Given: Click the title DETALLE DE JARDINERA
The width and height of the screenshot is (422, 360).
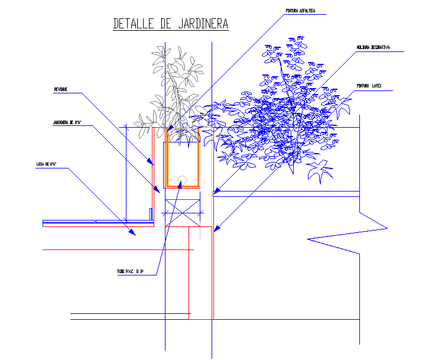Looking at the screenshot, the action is pyautogui.click(x=170, y=24).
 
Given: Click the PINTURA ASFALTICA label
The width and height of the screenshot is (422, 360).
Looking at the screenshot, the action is pyautogui.click(x=300, y=11).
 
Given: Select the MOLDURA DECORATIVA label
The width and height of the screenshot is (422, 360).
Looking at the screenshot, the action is pyautogui.click(x=372, y=47).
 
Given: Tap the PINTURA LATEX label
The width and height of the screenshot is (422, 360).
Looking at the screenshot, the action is pyautogui.click(x=369, y=86).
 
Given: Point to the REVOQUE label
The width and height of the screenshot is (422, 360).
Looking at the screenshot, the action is pyautogui.click(x=61, y=89).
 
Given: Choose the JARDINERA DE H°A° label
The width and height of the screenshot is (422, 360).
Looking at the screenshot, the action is pyautogui.click(x=67, y=123).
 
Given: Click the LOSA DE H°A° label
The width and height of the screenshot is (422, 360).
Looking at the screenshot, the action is pyautogui.click(x=46, y=164).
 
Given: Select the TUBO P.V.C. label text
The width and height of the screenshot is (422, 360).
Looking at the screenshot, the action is pyautogui.click(x=130, y=272).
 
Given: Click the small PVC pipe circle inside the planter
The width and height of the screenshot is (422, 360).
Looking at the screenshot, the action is pyautogui.click(x=182, y=181).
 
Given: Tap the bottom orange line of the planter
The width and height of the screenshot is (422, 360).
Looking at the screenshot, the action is pyautogui.click(x=182, y=186).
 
